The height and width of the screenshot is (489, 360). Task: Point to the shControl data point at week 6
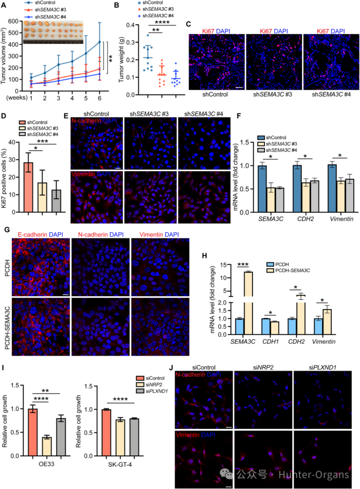click(x=100, y=42)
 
